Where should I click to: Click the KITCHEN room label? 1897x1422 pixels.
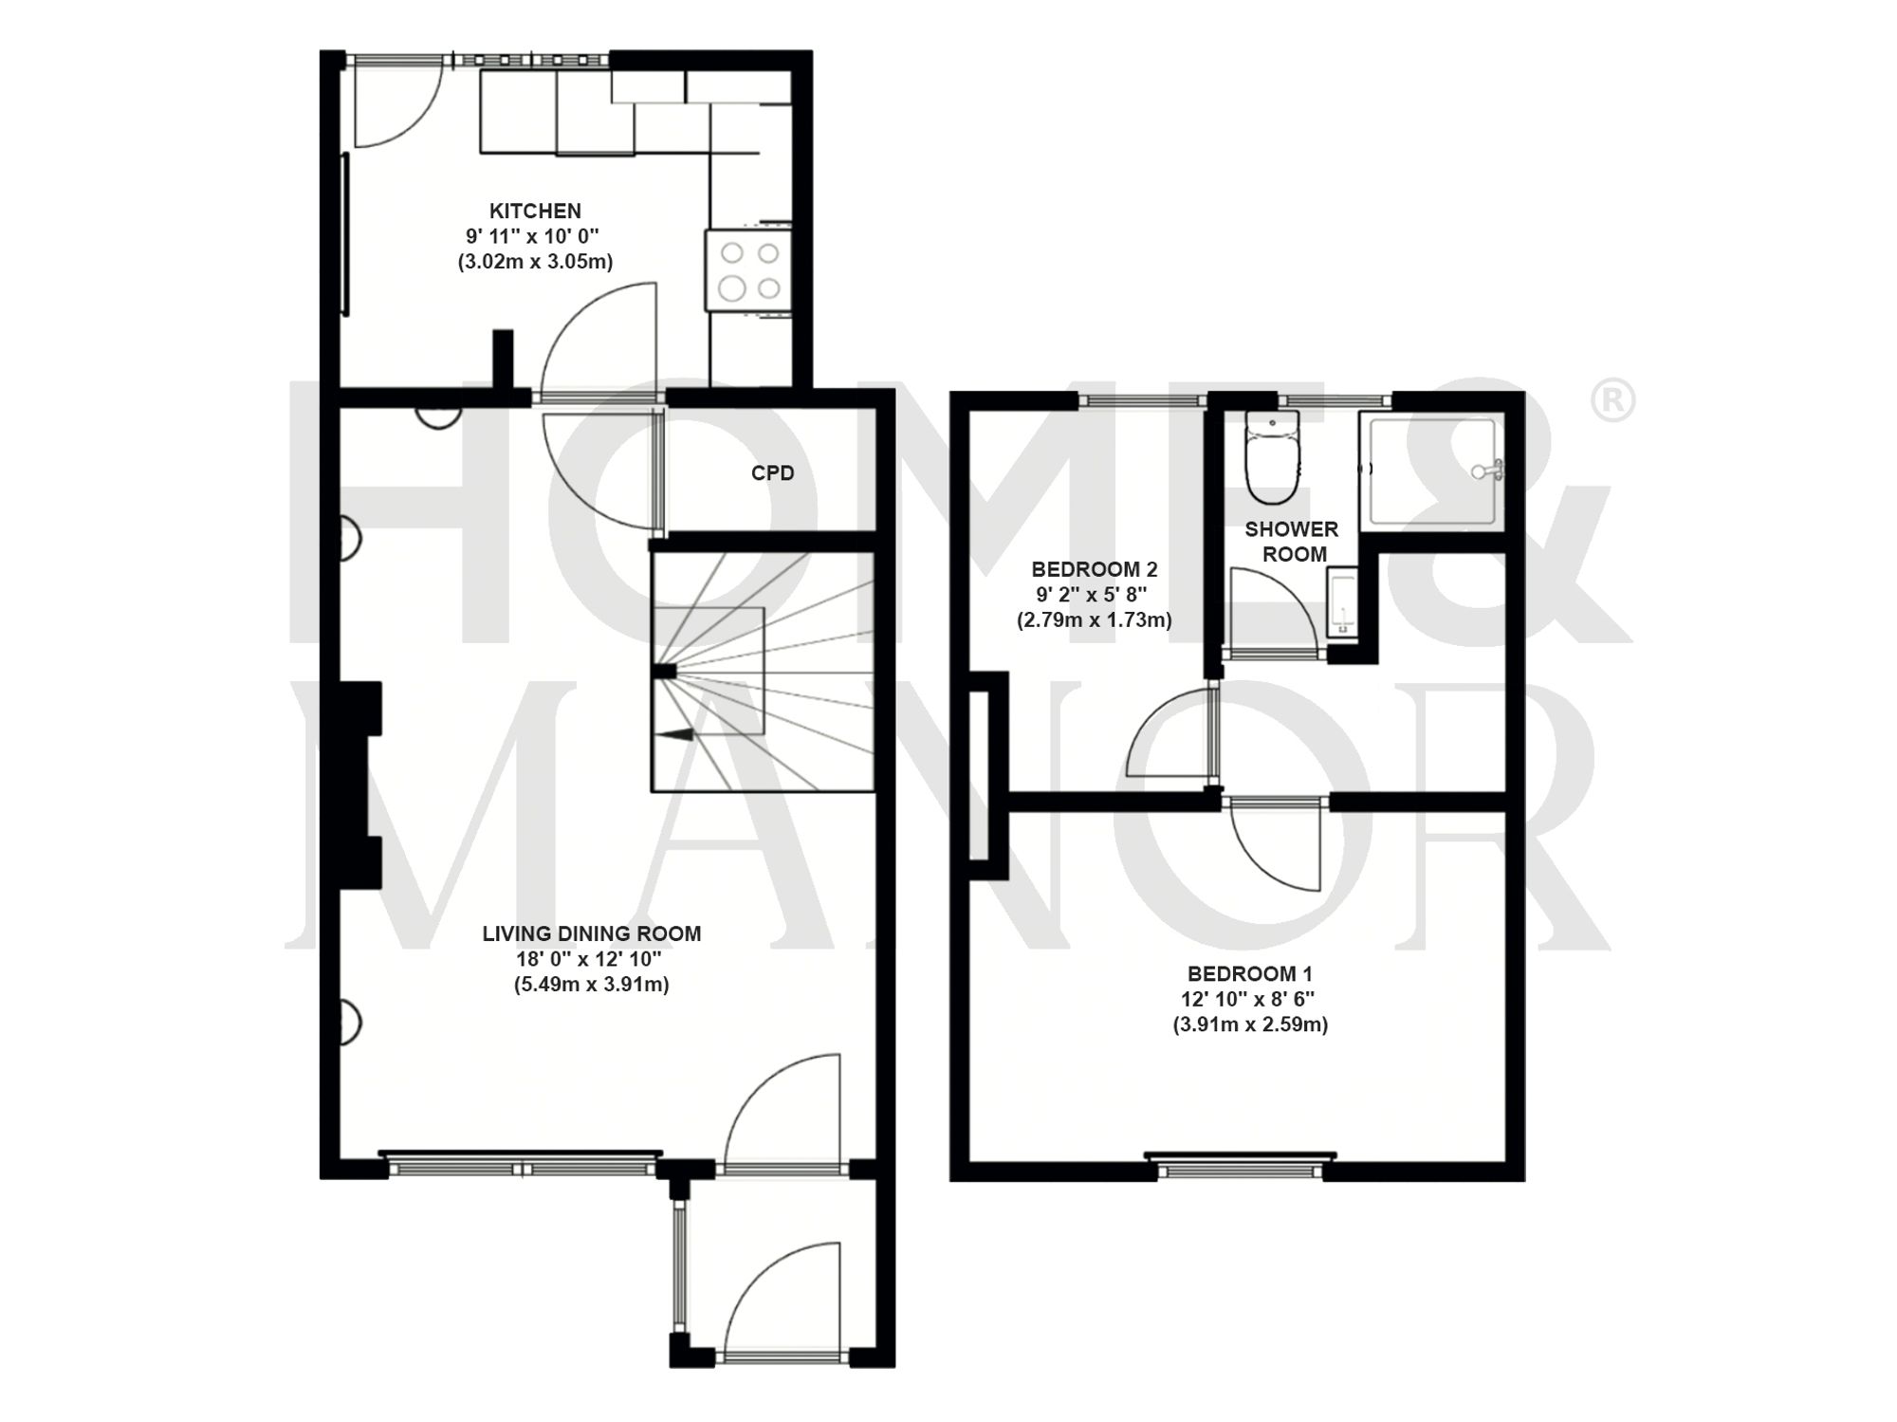click(x=535, y=211)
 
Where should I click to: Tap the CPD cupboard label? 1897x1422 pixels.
click(x=772, y=472)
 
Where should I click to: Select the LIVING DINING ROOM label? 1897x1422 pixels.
click(x=591, y=933)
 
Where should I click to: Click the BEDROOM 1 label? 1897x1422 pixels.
click(x=1249, y=973)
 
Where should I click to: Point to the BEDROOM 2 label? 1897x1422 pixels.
click(x=1094, y=569)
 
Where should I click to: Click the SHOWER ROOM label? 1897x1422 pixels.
click(x=1292, y=542)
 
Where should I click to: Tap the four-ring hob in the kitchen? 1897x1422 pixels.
click(x=748, y=270)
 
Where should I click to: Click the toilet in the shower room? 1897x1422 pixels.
click(x=1271, y=465)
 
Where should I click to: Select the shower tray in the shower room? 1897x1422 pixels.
click(x=1431, y=471)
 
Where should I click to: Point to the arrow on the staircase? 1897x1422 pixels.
click(x=675, y=733)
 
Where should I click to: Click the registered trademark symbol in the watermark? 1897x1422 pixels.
click(x=1612, y=400)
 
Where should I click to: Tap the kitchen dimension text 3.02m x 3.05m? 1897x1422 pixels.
click(x=535, y=262)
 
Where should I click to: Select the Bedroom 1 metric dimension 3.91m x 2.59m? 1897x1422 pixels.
click(x=1249, y=1025)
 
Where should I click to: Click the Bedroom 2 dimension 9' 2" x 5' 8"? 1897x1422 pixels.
click(x=1094, y=595)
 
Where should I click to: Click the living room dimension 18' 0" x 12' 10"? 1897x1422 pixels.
click(x=591, y=959)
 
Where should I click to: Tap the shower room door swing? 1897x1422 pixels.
click(x=1271, y=612)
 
